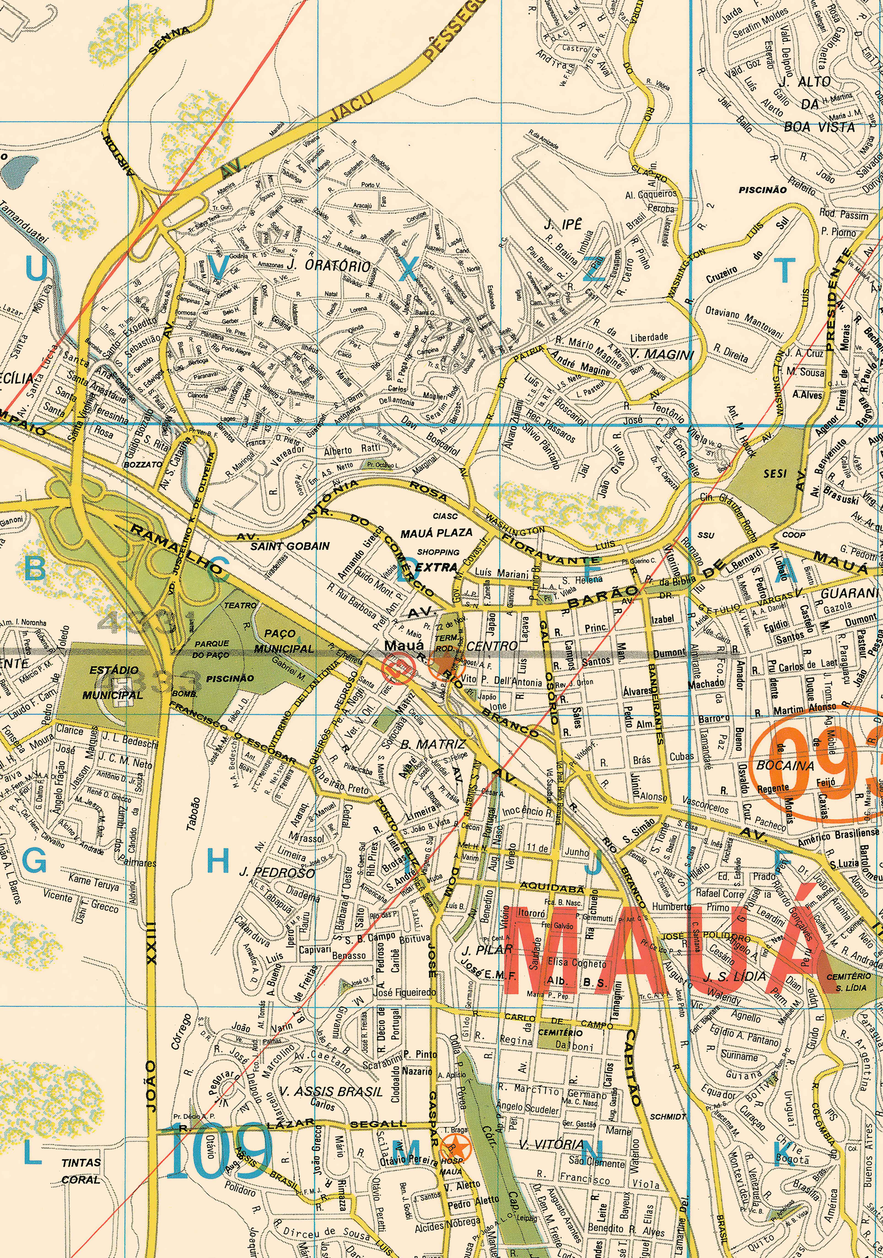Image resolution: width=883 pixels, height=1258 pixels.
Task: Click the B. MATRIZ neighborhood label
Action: (x=433, y=744)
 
